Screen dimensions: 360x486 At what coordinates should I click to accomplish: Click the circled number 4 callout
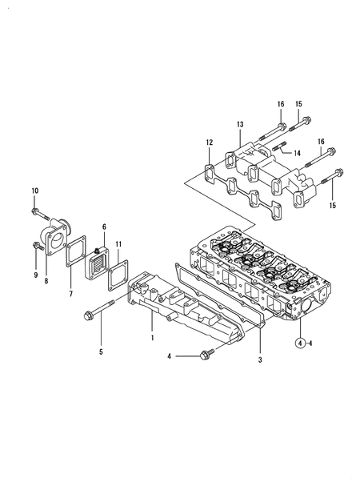pos(299,343)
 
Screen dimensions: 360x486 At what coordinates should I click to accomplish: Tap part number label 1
pos(152,338)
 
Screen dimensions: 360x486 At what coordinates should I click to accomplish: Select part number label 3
pos(260,359)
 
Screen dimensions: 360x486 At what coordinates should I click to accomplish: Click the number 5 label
pos(101,351)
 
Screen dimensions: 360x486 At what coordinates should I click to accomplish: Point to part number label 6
pos(104,227)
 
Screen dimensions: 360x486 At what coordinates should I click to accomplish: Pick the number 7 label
pos(70,294)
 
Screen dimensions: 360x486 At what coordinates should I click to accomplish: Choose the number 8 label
pos(46,281)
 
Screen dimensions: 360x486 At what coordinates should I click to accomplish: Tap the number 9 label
pos(36,275)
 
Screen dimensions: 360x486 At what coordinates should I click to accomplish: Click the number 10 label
pos(34,191)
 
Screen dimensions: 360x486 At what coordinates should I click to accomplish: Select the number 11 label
pos(118,244)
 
